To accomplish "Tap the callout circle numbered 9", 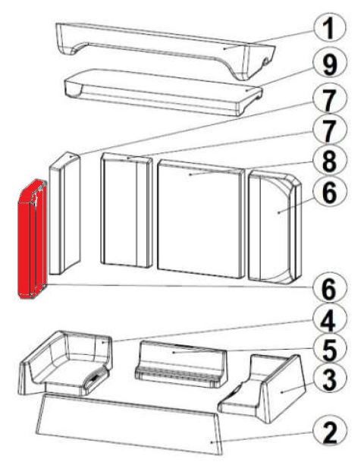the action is [x=330, y=64].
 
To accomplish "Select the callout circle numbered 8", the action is [x=329, y=160].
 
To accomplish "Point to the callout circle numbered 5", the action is [x=329, y=350].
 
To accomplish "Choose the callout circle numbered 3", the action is [x=330, y=379].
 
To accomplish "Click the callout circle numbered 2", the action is [x=330, y=432].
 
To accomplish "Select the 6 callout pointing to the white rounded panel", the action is [x=330, y=192].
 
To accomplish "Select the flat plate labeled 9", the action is [x=163, y=92].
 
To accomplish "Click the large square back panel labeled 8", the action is [x=201, y=219].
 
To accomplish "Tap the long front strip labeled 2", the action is [x=129, y=424].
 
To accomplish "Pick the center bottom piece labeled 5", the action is [x=180, y=364].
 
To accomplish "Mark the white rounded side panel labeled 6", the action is [x=275, y=227].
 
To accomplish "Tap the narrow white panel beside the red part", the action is [x=64, y=213].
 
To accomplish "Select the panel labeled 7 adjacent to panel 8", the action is [x=127, y=210].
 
